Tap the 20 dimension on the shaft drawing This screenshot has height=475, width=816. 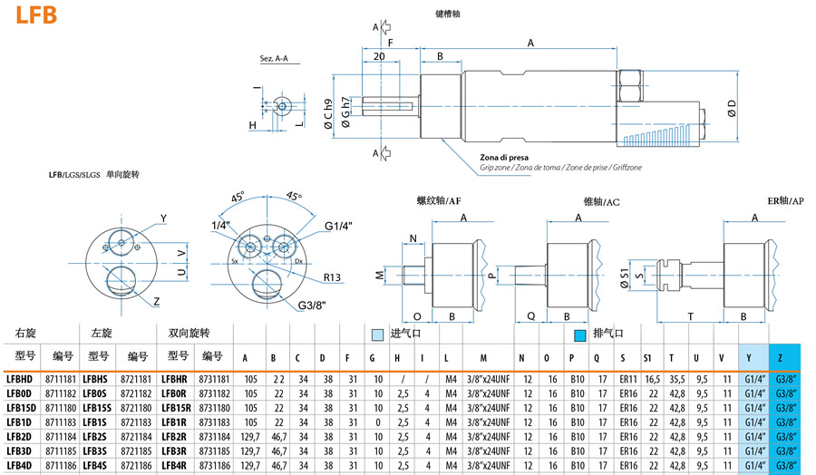point(379,56)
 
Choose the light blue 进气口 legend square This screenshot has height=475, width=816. point(377,334)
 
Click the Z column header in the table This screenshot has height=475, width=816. point(782,357)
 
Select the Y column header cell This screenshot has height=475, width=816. point(749,357)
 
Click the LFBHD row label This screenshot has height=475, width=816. point(20,379)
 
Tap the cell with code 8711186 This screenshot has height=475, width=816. point(59,466)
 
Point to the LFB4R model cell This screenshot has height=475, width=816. point(173,466)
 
